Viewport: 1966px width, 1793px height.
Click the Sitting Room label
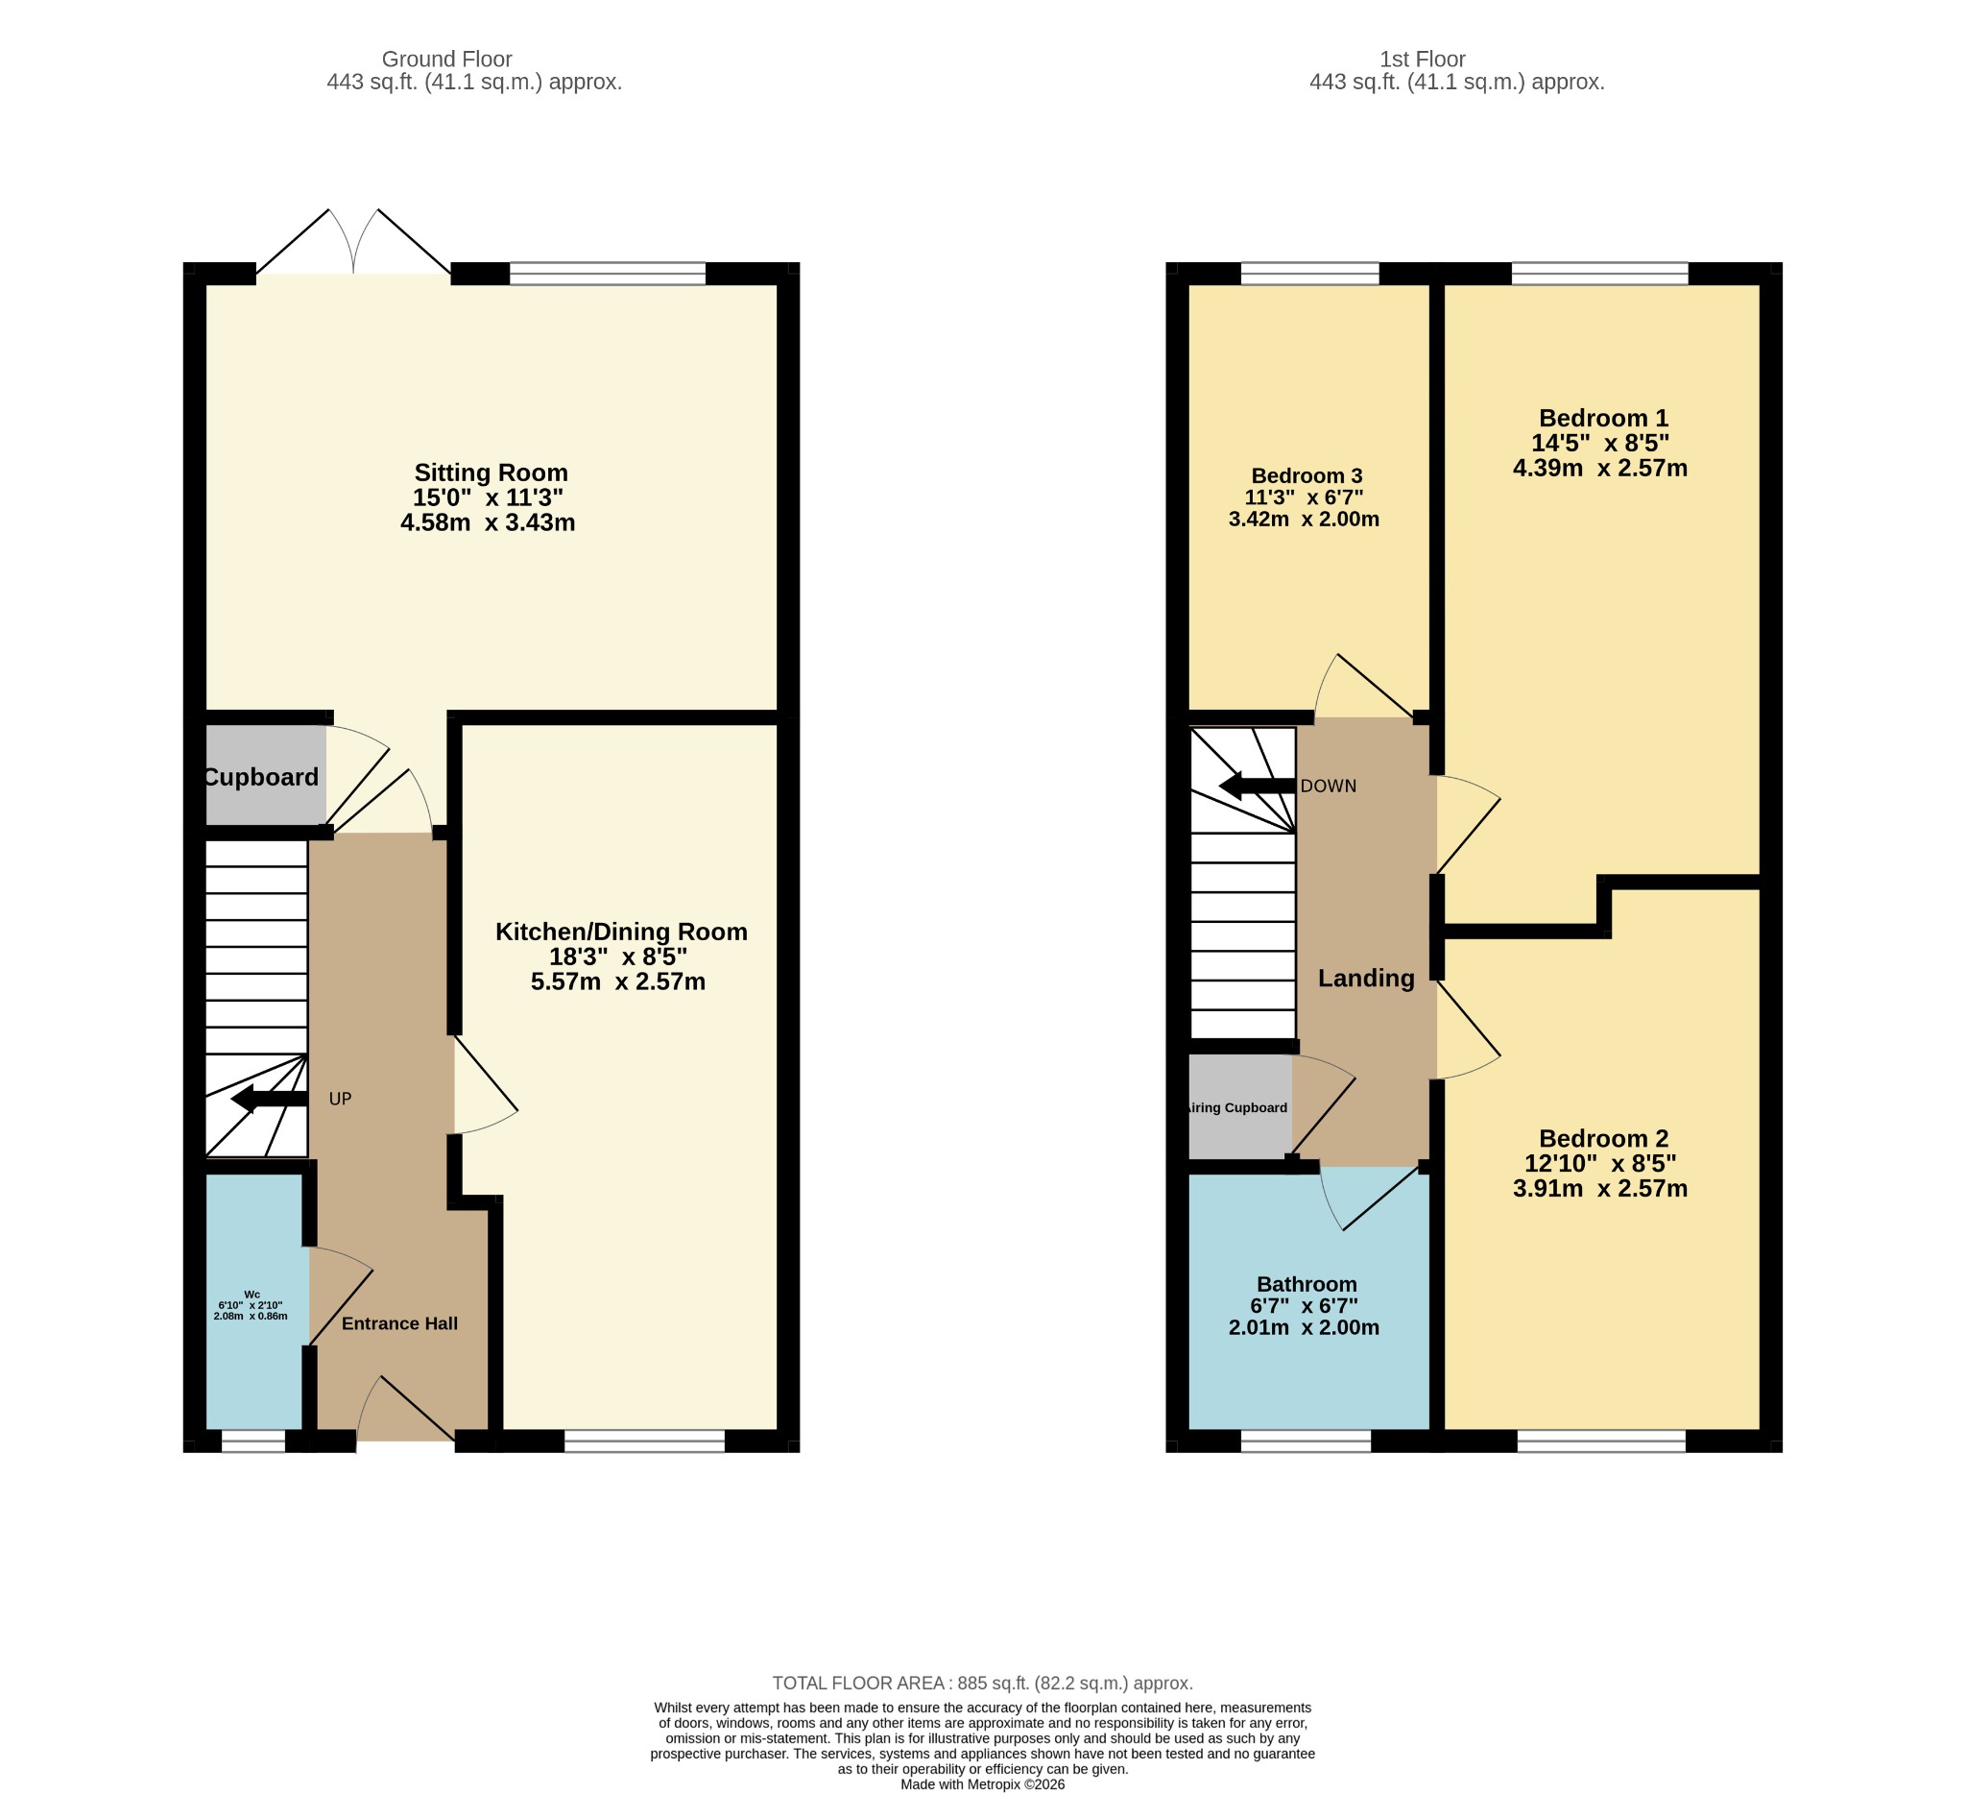point(491,473)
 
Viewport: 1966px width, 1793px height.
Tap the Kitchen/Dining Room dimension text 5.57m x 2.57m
point(618,981)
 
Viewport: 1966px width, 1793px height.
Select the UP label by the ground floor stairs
point(341,1100)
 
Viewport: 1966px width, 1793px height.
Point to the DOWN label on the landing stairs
point(1329,787)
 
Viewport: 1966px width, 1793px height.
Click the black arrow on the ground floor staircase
point(270,1100)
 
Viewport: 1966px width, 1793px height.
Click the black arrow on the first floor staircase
point(1258,787)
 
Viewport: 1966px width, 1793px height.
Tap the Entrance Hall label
point(400,1323)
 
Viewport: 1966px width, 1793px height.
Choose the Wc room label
point(252,1295)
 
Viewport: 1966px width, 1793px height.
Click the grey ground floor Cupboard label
point(261,778)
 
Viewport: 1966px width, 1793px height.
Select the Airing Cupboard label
point(1236,1108)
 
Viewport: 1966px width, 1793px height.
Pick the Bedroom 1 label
point(1603,419)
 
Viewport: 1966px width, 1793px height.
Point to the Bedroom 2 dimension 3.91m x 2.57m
point(1600,1189)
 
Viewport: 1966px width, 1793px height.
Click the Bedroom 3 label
point(1307,476)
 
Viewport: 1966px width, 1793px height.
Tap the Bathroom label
point(1307,1285)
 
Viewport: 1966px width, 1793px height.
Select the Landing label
point(1366,979)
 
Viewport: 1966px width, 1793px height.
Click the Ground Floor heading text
point(446,60)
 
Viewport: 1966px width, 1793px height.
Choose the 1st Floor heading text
point(1423,60)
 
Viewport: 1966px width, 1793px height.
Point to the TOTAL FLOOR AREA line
point(983,1683)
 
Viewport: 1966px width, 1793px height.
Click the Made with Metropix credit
point(983,1784)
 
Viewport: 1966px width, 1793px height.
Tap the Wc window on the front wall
point(253,1442)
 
